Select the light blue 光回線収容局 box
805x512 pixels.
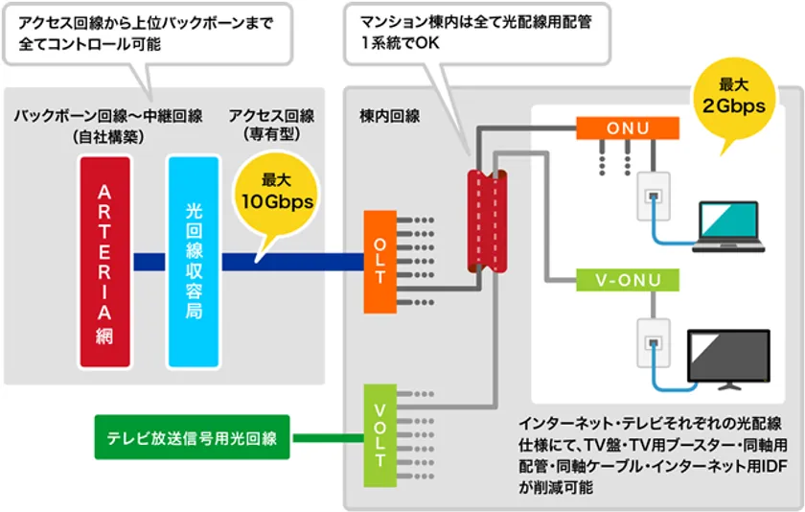[194, 261]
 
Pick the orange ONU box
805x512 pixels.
[628, 128]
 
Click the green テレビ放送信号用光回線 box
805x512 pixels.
[193, 438]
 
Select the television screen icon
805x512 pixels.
[731, 360]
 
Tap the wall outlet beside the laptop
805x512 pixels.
[654, 199]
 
